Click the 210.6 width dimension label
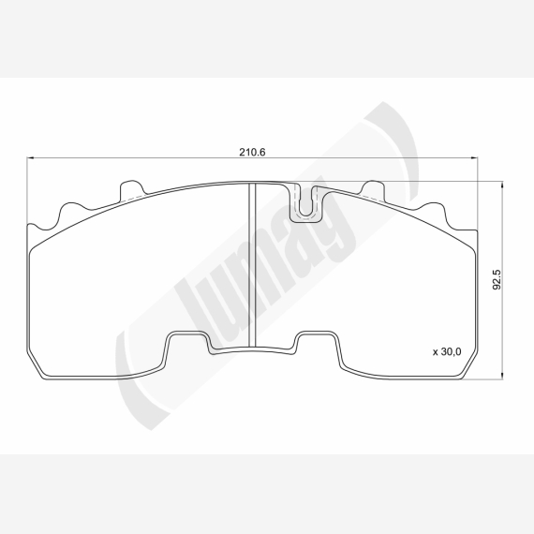[252, 152]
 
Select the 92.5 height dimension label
[497, 279]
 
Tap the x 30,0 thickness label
[447, 351]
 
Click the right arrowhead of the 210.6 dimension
[474, 157]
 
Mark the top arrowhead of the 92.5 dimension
[501, 185]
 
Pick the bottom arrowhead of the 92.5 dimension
[501, 376]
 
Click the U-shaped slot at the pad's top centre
[306, 203]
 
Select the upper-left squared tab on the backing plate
[132, 191]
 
